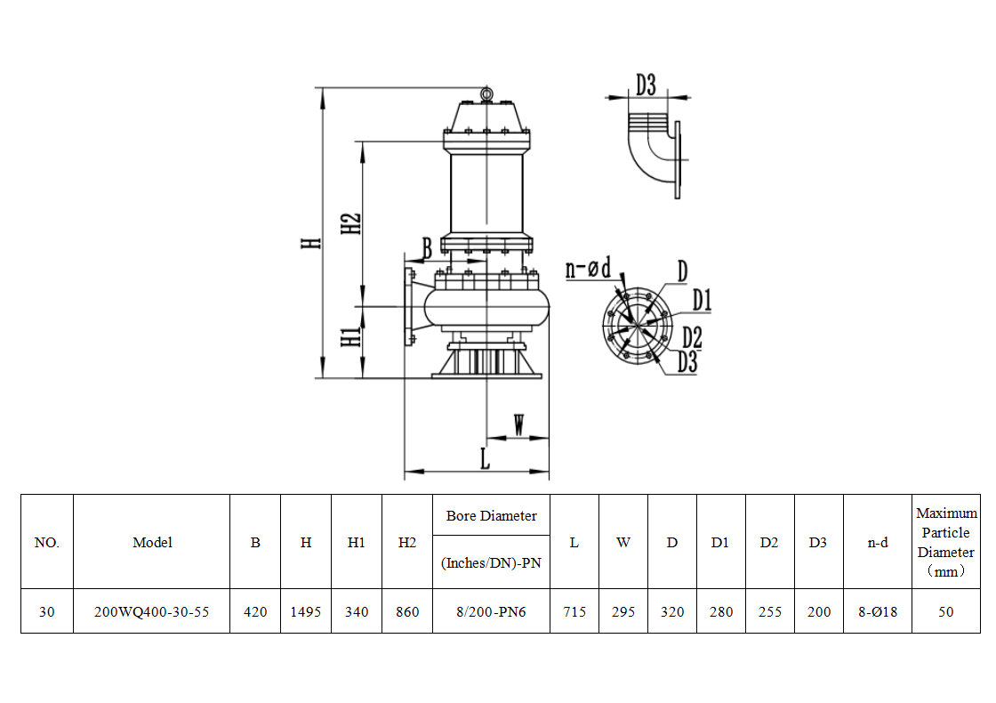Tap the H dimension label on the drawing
[311, 243]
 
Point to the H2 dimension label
[351, 223]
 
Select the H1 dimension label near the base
[351, 337]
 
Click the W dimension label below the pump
[519, 424]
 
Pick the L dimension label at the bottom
[485, 458]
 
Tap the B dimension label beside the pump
[428, 248]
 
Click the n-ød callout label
[588, 268]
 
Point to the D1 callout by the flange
[702, 300]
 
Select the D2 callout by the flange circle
[692, 337]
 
